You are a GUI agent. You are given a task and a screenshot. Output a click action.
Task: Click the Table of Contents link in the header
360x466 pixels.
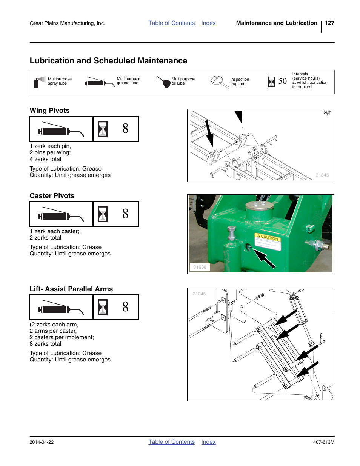coord(171,23)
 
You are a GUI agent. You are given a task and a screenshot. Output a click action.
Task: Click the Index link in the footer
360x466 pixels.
coord(208,442)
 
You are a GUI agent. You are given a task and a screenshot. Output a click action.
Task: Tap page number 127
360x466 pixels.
coord(329,23)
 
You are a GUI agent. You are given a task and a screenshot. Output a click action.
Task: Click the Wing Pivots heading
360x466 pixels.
coord(49,111)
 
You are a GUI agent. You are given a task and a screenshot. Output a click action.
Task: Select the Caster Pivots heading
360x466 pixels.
coord(52,196)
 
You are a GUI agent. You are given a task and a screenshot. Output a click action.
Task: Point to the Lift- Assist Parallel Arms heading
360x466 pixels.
coord(71,289)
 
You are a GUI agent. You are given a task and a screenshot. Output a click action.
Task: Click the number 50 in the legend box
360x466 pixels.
coord(283,81)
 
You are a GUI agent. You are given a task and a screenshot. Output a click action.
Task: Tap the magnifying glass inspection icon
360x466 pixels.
coord(218,82)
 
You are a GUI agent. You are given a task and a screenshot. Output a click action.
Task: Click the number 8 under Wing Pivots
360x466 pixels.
coord(125,129)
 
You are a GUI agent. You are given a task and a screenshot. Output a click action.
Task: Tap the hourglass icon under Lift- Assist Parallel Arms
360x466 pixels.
coord(103,307)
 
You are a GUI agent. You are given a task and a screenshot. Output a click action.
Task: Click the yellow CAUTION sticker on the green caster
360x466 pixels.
coord(268,241)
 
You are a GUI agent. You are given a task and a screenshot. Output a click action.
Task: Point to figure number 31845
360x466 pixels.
coord(322,175)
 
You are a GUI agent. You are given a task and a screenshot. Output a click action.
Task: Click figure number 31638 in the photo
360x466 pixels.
coord(200,267)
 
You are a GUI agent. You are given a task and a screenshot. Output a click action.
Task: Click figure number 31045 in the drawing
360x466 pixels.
coord(199,294)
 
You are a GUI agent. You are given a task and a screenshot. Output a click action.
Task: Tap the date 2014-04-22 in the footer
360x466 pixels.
coord(42,442)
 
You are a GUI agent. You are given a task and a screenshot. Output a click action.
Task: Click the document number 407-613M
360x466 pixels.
coord(323,442)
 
